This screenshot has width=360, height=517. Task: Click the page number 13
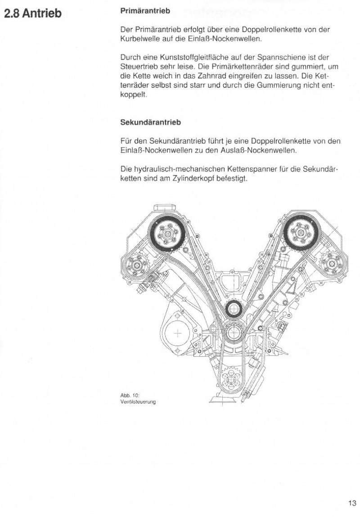point(351,503)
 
